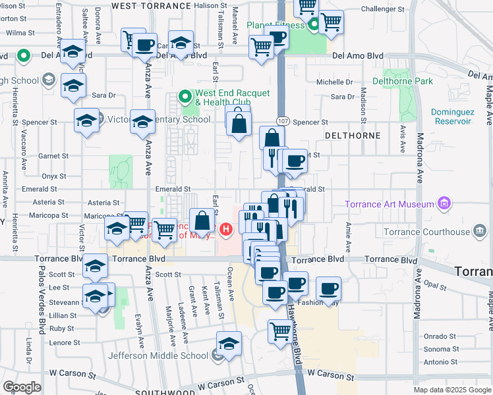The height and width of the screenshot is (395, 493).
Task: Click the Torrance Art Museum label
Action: pyautogui.click(x=390, y=203)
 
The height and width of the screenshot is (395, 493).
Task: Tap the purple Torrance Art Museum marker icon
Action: pyautogui.click(x=444, y=203)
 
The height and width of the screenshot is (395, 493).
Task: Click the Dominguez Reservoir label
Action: pyautogui.click(x=452, y=117)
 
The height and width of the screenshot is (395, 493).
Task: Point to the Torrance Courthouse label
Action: pyautogui.click(x=427, y=232)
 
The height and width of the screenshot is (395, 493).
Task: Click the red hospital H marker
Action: pyautogui.click(x=226, y=230)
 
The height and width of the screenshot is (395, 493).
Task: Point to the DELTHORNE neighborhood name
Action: pyautogui.click(x=353, y=136)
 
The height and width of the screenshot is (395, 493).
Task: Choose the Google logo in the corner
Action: pyautogui.click(x=21, y=387)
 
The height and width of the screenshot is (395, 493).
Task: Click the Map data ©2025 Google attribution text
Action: pyautogui.click(x=452, y=390)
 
